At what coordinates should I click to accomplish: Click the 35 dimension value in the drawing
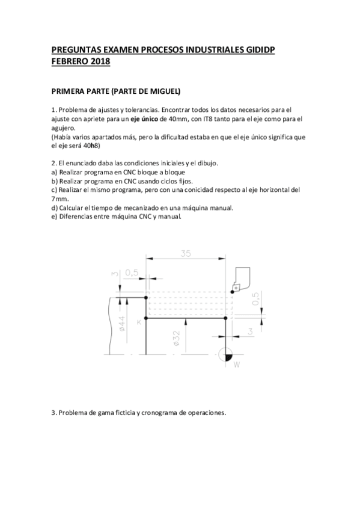click(185, 254)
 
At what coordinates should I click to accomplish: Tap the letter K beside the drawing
click(139, 322)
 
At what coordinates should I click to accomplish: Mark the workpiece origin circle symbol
click(226, 354)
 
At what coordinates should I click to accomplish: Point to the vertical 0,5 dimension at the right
click(256, 298)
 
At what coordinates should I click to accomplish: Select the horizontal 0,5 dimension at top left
click(132, 272)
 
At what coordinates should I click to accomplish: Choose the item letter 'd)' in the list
click(54, 207)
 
